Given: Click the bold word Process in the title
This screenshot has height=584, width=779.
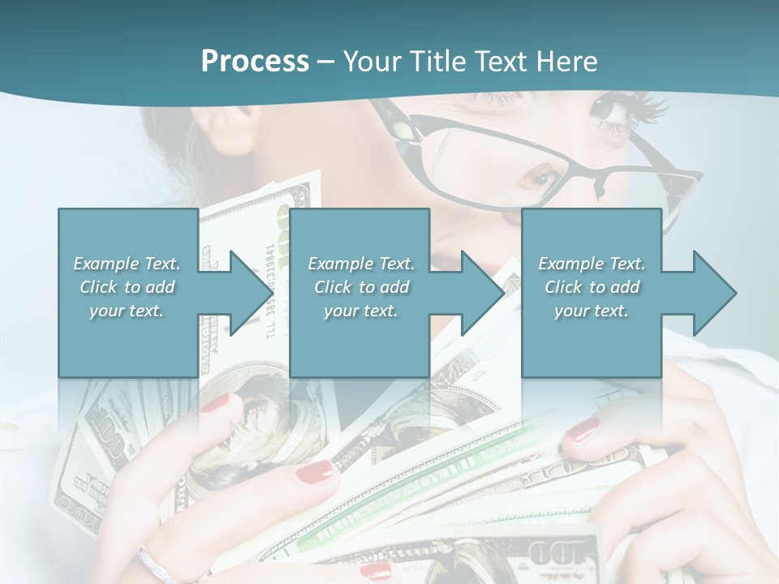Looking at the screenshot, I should click(255, 61).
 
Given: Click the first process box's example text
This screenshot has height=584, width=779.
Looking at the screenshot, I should click(127, 287).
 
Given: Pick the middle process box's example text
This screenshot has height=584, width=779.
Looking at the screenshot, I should click(360, 287).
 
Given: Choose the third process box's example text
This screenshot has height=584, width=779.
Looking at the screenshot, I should click(591, 287).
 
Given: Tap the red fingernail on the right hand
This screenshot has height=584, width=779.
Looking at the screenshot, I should click(582, 431).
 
